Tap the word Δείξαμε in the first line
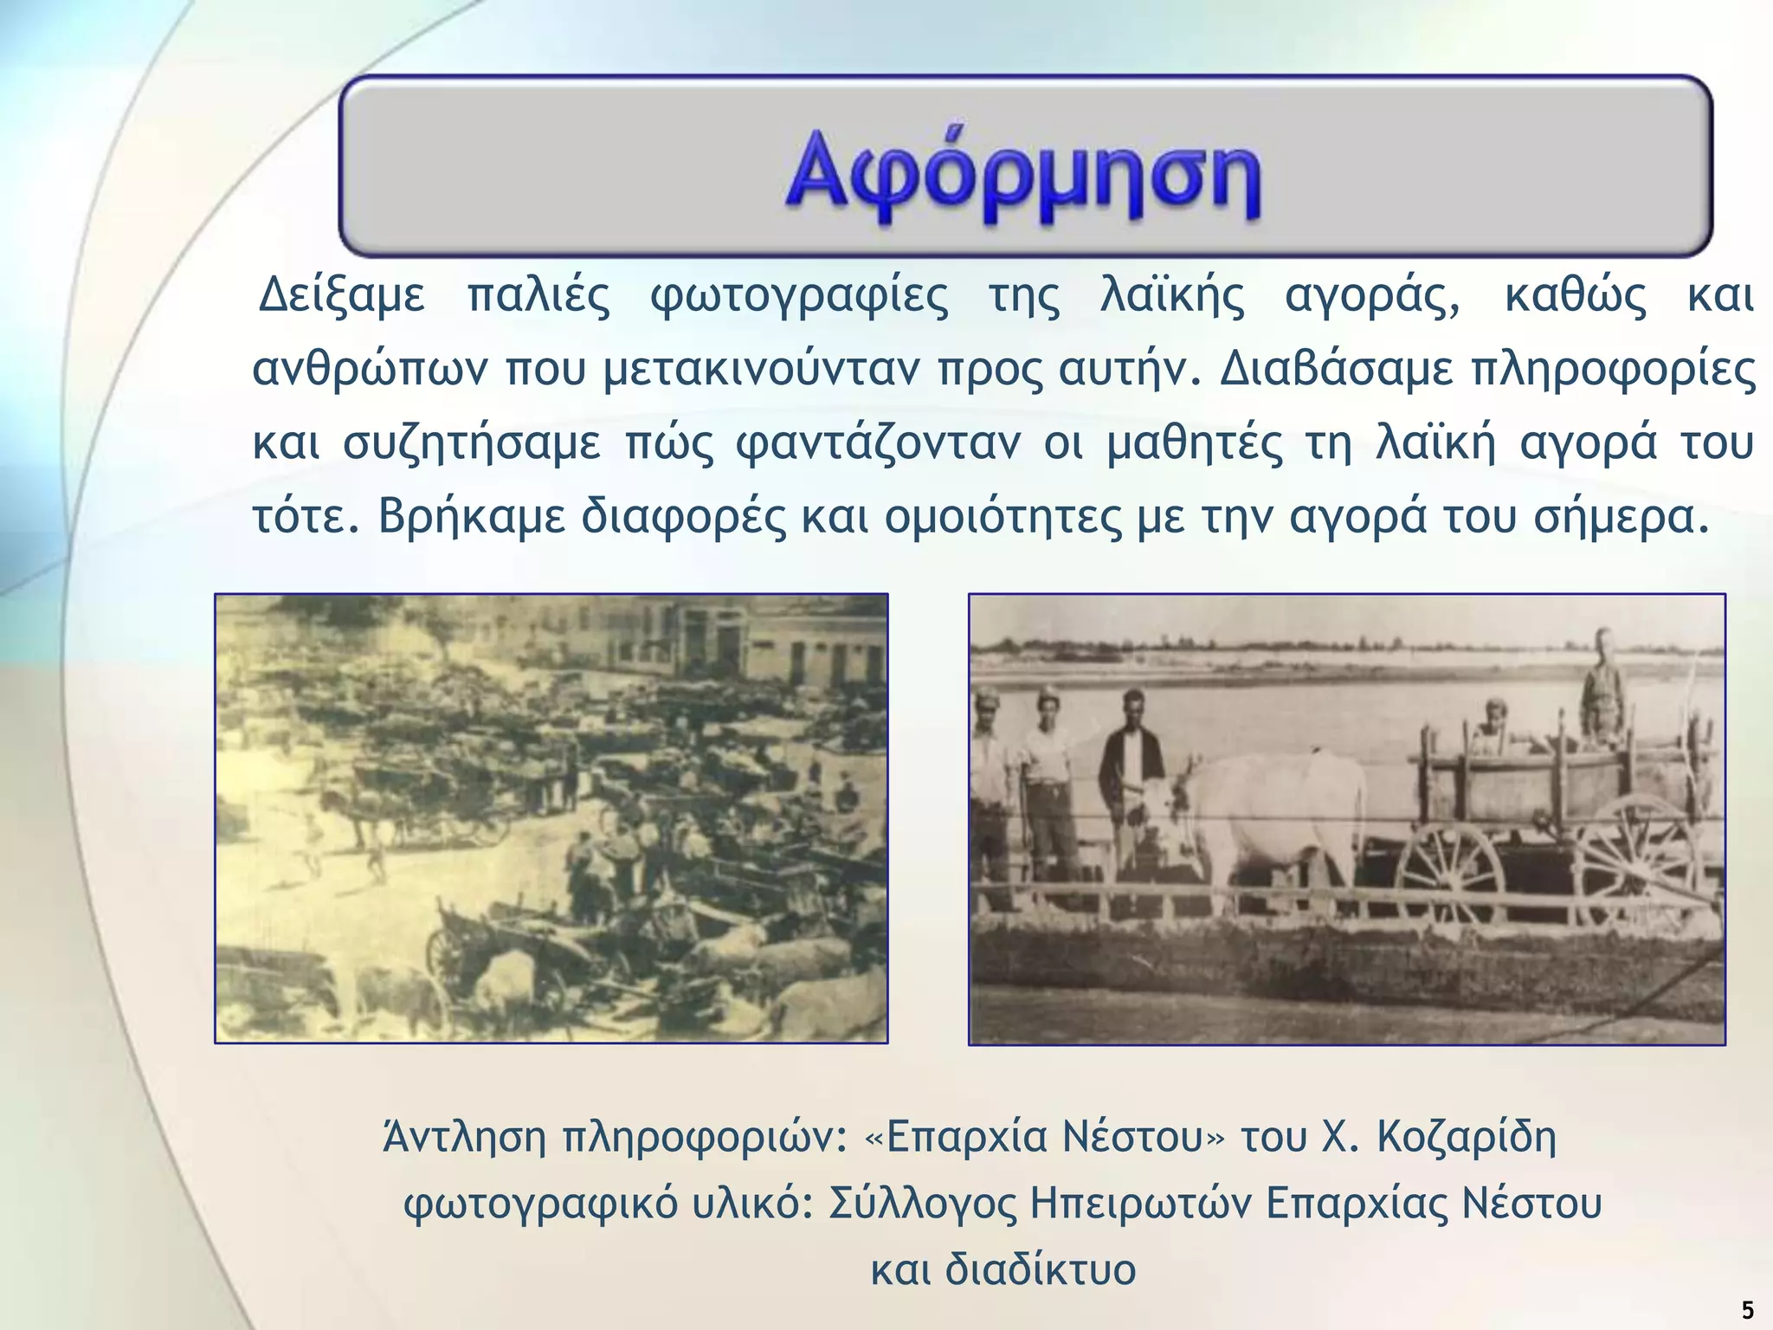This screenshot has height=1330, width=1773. [x=342, y=296]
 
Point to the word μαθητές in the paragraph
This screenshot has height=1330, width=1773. [x=1196, y=443]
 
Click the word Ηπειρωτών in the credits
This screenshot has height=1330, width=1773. [x=1140, y=1204]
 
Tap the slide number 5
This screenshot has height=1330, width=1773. [x=1747, y=1310]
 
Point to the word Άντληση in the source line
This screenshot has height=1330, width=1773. [x=464, y=1137]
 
